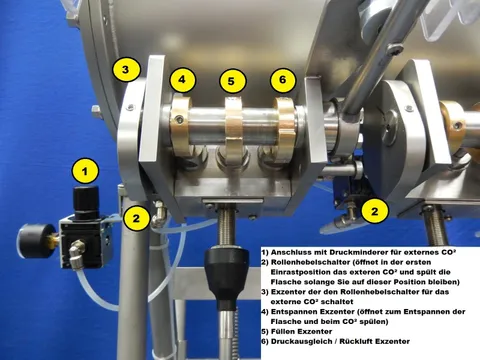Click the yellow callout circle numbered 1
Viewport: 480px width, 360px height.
tap(87, 171)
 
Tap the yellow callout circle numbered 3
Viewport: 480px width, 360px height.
tap(126, 70)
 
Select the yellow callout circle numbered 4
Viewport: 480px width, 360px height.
tap(182, 78)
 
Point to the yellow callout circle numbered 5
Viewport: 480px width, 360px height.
tap(232, 79)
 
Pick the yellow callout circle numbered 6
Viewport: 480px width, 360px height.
tap(282, 78)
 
